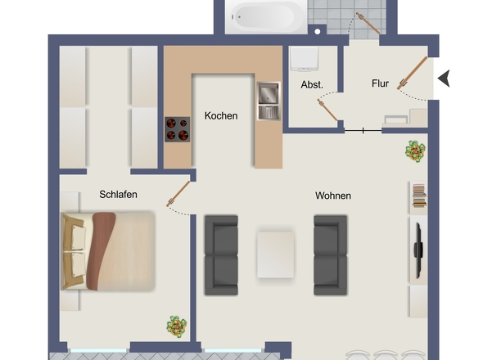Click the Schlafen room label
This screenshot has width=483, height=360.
pos(118,195)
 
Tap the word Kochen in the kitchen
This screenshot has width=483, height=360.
pos(221,116)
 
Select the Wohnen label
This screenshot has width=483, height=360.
pos(333,196)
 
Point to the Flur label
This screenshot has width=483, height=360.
pos(380,83)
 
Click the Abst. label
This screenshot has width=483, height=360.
pos(312,85)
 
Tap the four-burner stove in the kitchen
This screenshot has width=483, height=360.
pos(177,129)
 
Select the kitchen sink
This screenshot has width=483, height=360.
pos(269,101)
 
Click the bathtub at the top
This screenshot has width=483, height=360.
pos(266,17)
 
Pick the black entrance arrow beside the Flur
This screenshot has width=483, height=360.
pos(444,79)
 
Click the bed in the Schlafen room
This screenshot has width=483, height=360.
pos(108,250)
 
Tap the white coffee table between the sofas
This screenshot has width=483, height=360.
pos(275,255)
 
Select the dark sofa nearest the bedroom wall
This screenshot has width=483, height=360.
pos(221,255)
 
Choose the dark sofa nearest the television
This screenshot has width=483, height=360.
pos(330,255)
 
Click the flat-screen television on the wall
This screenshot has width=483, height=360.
pos(418,250)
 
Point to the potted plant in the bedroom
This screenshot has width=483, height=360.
pos(177,326)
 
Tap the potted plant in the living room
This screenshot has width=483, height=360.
pos(415,151)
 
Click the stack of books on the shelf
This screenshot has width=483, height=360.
pos(419,196)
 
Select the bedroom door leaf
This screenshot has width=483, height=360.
pos(178,194)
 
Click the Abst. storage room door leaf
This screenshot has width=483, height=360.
pos(327,110)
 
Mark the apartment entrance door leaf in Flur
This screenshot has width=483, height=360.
pos(412,73)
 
